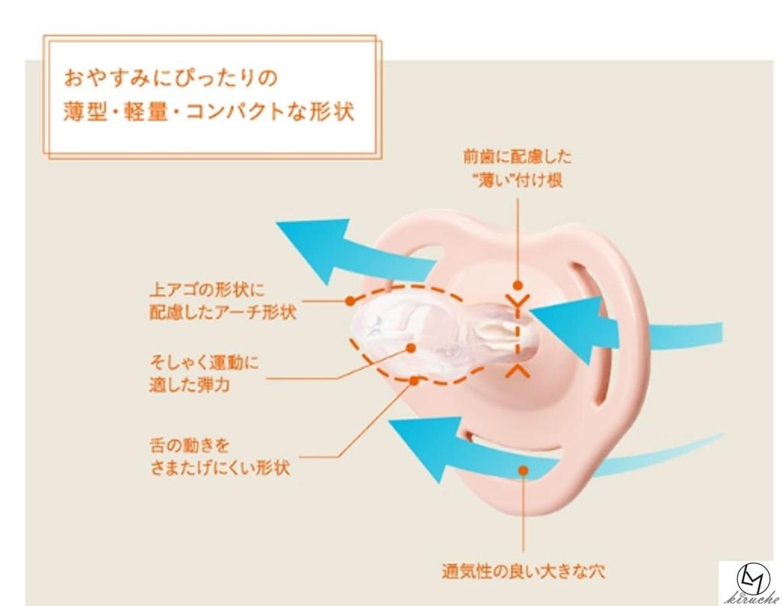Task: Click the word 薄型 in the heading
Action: [86, 112]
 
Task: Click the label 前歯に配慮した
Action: [517, 157]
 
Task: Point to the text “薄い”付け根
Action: [517, 180]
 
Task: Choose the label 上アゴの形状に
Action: [207, 290]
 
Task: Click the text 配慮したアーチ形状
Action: [223, 313]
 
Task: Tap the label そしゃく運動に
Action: [205, 361]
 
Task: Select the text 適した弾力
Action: [189, 384]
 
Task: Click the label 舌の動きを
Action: [189, 444]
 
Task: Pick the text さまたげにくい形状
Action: [220, 467]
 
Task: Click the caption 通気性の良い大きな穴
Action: [523, 571]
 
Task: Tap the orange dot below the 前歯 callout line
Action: [519, 286]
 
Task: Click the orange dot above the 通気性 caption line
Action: [523, 470]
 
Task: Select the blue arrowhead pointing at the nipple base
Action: [568, 329]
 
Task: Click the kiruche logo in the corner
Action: [751, 583]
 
